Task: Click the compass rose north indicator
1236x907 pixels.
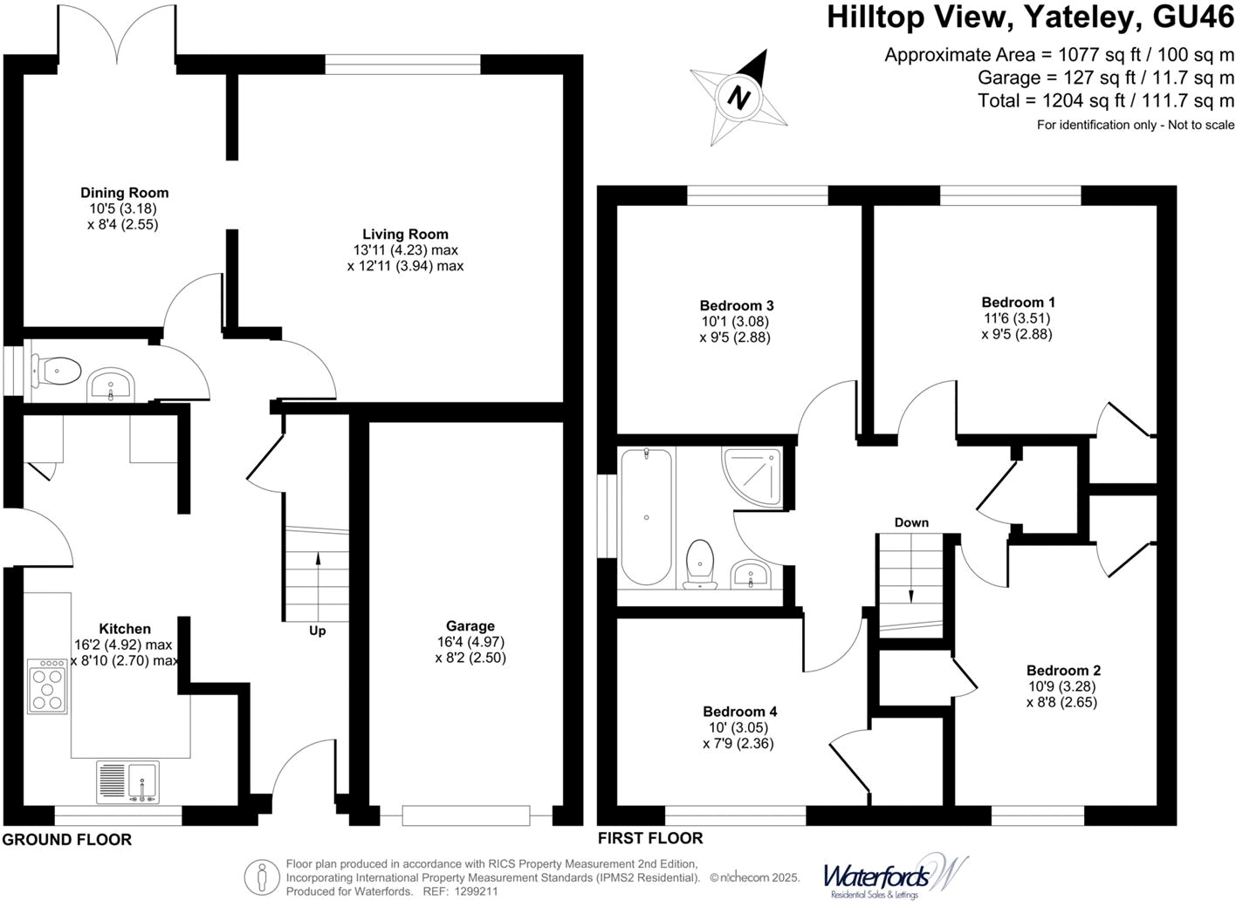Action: (739, 96)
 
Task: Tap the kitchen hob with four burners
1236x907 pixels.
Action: (47, 686)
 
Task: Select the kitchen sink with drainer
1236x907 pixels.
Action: (128, 781)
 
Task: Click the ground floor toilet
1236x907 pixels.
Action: (58, 372)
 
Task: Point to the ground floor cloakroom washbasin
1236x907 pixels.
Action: (110, 385)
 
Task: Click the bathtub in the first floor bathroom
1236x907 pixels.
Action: (646, 516)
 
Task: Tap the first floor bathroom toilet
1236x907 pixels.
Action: (700, 562)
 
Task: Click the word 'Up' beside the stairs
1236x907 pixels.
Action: (317, 631)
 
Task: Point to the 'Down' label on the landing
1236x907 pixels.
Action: (911, 522)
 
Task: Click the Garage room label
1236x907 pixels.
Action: (470, 626)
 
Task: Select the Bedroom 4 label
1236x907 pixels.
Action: (739, 712)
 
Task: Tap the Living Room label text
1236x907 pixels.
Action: (405, 234)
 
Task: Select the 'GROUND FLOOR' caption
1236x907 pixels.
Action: (67, 840)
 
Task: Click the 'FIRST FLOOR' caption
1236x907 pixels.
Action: (650, 838)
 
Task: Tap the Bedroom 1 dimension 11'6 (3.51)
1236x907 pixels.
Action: (1017, 318)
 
